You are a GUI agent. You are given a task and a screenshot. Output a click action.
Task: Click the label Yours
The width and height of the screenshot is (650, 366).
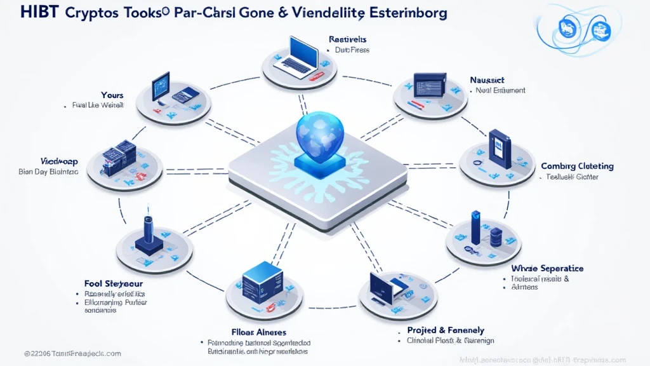click(x=112, y=95)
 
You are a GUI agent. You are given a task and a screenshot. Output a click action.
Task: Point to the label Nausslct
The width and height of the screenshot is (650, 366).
click(x=487, y=80)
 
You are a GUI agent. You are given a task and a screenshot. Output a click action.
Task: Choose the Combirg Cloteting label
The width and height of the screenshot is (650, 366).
click(x=577, y=166)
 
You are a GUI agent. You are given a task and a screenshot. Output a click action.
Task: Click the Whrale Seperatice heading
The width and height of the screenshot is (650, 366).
click(x=547, y=269)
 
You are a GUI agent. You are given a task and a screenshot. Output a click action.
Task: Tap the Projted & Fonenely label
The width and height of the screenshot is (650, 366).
click(x=446, y=330)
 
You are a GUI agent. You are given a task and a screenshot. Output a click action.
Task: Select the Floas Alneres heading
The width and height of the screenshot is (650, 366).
click(x=258, y=332)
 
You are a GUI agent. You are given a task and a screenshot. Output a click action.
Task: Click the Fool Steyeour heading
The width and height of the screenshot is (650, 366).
click(x=113, y=283)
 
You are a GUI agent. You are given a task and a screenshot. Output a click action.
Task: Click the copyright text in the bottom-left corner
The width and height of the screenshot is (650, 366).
click(x=72, y=353)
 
